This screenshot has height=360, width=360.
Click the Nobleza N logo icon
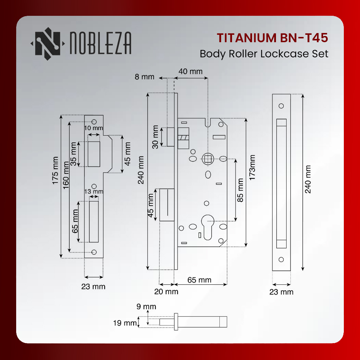[x=47, y=44]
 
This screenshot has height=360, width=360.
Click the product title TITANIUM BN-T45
[x=272, y=38]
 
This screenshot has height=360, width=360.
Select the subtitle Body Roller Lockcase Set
[x=264, y=54]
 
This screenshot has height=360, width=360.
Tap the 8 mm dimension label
[x=144, y=77]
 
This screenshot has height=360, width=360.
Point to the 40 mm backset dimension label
[x=191, y=71]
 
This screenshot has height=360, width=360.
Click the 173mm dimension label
[x=252, y=167]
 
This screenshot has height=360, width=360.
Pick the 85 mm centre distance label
[x=240, y=190]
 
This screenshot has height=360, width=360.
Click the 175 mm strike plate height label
[x=55, y=171]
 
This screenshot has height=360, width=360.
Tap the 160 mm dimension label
[x=66, y=175]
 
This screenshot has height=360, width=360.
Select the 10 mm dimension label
[x=94, y=128]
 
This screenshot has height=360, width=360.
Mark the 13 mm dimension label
[x=94, y=192]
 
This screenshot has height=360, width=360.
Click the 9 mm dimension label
[x=146, y=307]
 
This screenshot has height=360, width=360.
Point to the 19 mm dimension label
[x=125, y=323]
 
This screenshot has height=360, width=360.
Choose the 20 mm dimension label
[x=166, y=291]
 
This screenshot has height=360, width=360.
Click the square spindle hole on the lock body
[x=208, y=159]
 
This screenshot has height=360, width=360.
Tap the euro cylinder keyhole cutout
[x=207, y=227]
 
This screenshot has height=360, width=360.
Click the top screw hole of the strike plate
[x=94, y=122]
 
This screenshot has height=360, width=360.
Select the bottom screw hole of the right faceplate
[x=281, y=259]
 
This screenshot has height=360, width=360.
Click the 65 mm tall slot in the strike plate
[x=94, y=222]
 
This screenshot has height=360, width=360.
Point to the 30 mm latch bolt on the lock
[x=171, y=137]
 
